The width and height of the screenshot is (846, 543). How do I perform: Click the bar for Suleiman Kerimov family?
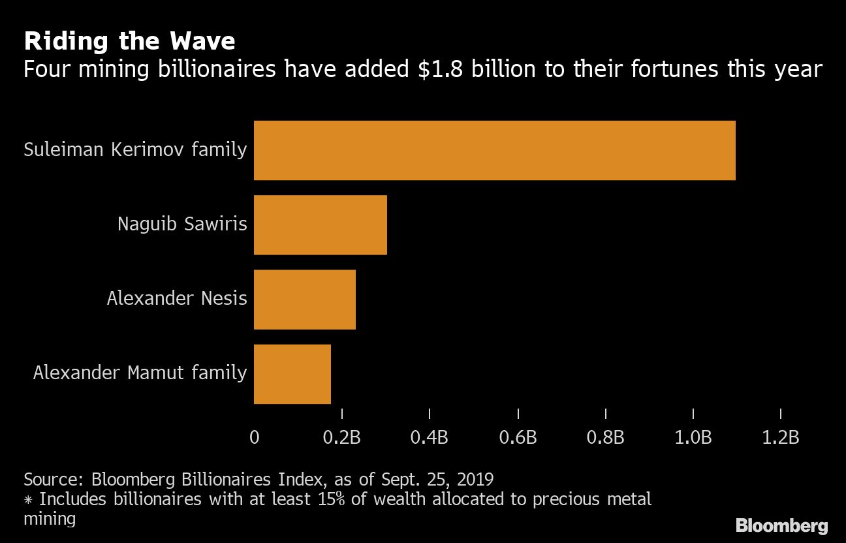pos(494,150)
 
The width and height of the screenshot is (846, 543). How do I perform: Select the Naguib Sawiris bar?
pos(320,225)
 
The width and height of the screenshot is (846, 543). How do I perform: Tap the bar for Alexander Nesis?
pos(304,299)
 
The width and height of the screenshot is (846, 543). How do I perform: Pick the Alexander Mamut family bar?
pos(292,373)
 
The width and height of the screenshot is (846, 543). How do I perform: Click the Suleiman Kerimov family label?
pos(135,150)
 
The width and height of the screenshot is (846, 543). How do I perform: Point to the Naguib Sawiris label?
pos(182,225)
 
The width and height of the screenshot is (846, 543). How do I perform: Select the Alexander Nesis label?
pos(177,299)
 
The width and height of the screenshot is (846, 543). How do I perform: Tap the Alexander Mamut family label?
pos(140,373)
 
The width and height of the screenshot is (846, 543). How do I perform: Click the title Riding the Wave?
pos(129,42)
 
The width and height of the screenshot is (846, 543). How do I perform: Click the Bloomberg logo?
pos(782,525)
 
